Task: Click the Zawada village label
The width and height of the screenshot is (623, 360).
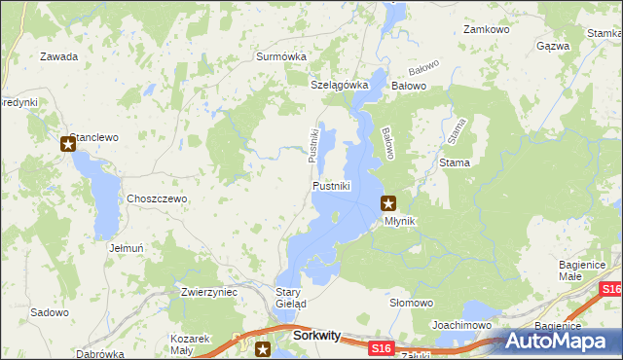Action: click(58, 56)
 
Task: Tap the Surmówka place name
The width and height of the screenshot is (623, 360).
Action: click(281, 56)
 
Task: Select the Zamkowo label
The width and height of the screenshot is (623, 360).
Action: click(488, 30)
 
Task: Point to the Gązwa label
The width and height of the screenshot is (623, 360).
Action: click(553, 46)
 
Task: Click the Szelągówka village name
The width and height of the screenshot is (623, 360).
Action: click(340, 85)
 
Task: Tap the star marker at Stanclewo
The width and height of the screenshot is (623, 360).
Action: click(68, 145)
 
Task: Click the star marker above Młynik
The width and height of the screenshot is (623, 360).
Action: click(388, 203)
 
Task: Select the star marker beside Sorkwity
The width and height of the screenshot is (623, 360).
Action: click(262, 348)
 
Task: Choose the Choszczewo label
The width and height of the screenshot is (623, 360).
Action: click(157, 198)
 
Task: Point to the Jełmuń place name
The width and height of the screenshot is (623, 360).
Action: click(128, 248)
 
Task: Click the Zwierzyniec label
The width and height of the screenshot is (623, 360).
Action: click(209, 291)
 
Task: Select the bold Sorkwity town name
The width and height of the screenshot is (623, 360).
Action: click(316, 336)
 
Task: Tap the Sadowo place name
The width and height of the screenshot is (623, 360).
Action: click(50, 312)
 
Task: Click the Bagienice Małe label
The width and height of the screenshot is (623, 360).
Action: click(583, 270)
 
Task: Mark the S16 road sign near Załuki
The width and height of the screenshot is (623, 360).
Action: click(382, 347)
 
